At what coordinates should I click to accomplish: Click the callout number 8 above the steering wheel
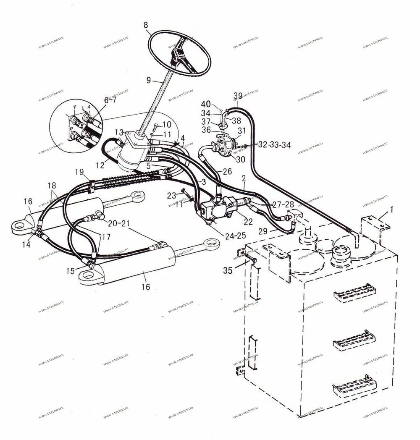[x=146, y=25]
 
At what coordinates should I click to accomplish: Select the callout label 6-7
[x=110, y=100]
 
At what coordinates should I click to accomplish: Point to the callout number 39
[x=238, y=94]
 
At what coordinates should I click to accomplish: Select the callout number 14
[x=26, y=245]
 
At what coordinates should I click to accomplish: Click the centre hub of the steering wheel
[x=178, y=55]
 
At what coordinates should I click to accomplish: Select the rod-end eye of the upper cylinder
[x=136, y=195]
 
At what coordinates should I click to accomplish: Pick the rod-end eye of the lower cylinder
[x=211, y=244]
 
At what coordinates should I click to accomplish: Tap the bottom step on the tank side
[x=354, y=385]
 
